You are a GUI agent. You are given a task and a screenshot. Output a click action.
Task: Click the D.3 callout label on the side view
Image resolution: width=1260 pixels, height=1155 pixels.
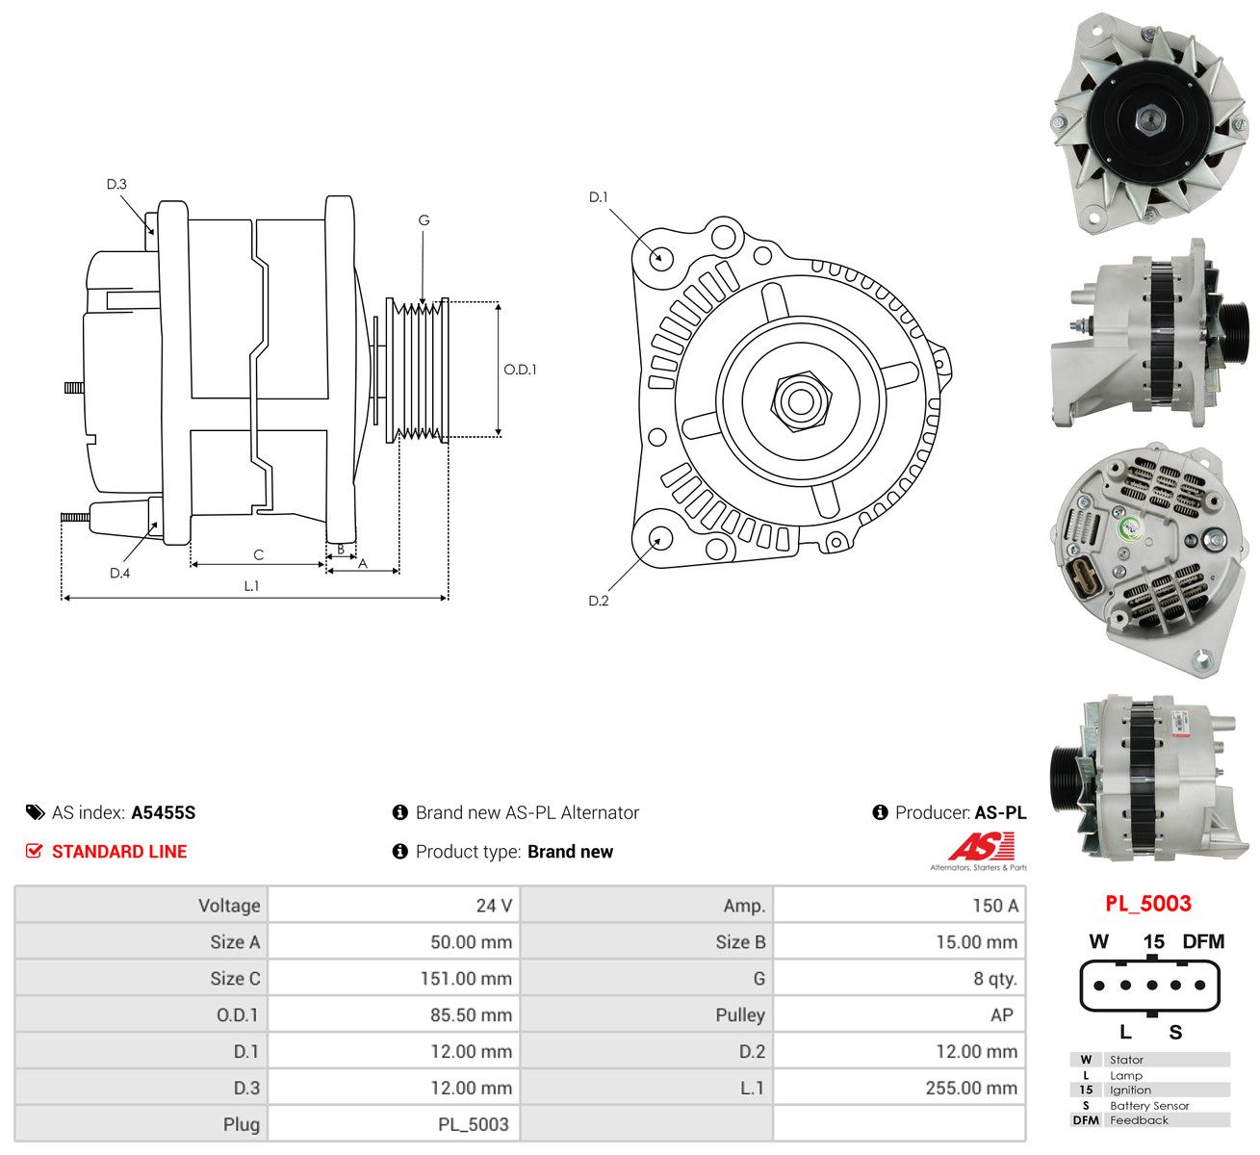tap(116, 184)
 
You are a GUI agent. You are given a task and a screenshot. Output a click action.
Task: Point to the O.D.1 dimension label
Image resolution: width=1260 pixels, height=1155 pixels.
tap(520, 370)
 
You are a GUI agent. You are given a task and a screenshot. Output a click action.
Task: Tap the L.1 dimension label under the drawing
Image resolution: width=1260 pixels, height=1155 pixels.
tap(251, 586)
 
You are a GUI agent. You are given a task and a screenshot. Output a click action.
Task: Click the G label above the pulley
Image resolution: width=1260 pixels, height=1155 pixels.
tap(424, 220)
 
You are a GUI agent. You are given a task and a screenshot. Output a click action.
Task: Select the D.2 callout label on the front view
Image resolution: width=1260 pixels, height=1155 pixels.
tap(598, 601)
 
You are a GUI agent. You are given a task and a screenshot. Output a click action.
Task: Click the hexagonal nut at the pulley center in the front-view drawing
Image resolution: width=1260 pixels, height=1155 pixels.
tap(801, 401)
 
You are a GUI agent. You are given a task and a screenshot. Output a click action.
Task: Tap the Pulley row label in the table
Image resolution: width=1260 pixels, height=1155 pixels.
tap(740, 1014)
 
